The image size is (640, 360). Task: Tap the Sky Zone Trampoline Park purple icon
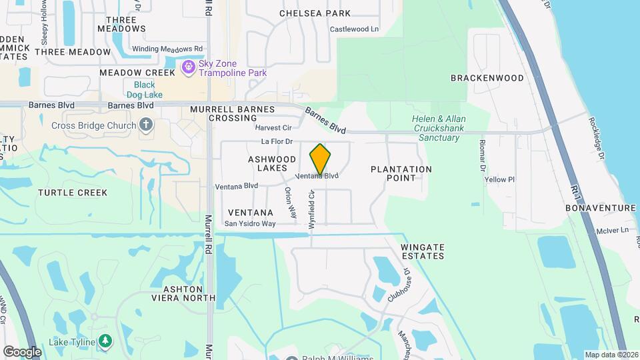189,67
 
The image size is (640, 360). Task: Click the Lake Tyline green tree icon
105,341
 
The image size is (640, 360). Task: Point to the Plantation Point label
401,174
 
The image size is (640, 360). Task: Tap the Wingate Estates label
423,251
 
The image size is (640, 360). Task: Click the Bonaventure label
601,208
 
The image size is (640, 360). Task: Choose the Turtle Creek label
73,193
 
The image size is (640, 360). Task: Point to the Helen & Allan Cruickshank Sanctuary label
438,128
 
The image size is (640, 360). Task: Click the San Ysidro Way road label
250,224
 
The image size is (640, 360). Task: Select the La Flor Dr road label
277,141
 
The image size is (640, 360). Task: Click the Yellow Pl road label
500,180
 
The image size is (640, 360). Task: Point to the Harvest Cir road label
273,127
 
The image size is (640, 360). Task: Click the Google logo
22,351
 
